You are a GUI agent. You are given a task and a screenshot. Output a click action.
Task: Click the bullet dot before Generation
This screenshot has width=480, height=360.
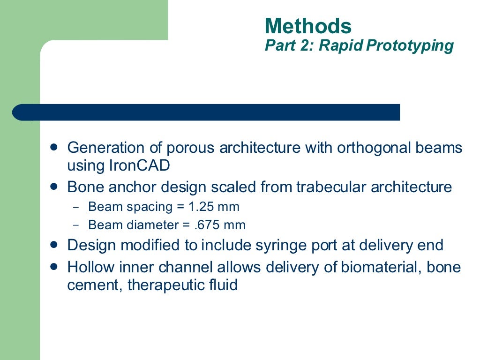(x=54, y=147)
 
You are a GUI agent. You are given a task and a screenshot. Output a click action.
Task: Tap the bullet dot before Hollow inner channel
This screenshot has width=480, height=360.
(x=54, y=266)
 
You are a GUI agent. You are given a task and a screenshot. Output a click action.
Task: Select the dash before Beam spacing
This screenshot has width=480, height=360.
(x=77, y=207)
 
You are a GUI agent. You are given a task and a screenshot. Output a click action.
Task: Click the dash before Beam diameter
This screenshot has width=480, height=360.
(x=77, y=225)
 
